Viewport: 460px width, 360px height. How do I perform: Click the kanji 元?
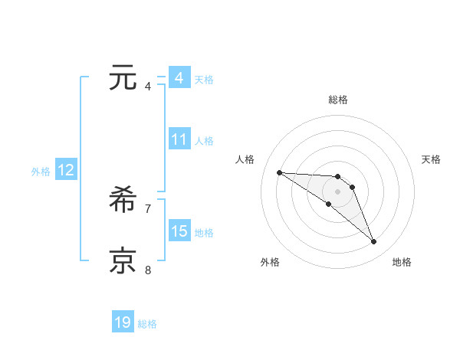click(123, 79)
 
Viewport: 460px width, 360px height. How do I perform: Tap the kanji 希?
click(123, 201)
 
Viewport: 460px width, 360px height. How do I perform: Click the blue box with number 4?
click(179, 78)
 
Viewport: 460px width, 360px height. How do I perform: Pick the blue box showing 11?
click(179, 139)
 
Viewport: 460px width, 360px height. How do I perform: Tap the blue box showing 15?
click(179, 231)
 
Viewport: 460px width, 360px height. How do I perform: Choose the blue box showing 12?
click(66, 170)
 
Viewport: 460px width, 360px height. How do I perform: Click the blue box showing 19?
click(123, 322)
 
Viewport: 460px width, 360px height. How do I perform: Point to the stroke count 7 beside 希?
click(148, 208)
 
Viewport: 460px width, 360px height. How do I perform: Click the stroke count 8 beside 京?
click(148, 269)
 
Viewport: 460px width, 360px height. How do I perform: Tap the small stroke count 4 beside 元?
click(148, 86)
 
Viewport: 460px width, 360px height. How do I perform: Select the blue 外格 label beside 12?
click(41, 172)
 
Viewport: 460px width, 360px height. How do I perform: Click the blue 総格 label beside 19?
click(147, 324)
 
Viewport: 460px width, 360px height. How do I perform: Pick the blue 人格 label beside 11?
click(204, 141)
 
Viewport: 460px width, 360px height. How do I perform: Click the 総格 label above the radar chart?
click(338, 100)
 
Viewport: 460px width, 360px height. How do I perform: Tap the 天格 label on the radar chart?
click(432, 159)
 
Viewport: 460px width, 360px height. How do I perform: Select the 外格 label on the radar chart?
click(270, 262)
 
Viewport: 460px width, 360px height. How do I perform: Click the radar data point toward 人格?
click(279, 172)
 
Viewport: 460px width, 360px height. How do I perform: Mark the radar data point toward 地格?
click(374, 242)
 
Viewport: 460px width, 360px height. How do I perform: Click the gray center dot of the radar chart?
click(338, 191)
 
